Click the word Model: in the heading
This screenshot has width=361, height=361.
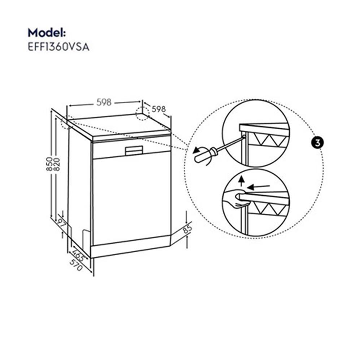47,32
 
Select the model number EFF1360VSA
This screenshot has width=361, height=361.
58,47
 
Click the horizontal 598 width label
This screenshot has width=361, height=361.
104,103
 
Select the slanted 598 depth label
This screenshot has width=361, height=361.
158,109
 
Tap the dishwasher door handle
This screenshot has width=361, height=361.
134,150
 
